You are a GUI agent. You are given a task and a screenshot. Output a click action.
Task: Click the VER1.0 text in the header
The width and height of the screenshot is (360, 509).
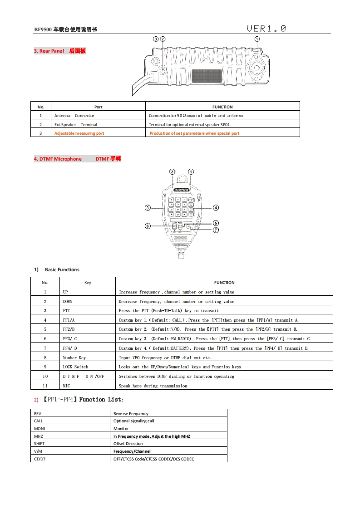click(266, 29)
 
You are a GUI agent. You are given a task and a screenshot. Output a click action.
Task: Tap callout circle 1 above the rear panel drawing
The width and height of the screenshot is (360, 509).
click(257, 39)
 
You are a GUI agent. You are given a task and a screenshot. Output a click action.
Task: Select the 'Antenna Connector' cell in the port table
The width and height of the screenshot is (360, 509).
click(74, 116)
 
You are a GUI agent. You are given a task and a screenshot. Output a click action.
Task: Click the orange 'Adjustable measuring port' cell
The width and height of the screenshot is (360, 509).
click(79, 133)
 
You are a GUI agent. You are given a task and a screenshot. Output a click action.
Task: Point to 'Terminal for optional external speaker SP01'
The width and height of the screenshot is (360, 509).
click(186, 124)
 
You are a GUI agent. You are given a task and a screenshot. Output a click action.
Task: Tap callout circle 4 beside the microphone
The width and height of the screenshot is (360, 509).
click(216, 207)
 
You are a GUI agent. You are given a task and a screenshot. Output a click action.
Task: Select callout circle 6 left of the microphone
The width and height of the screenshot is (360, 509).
click(148, 226)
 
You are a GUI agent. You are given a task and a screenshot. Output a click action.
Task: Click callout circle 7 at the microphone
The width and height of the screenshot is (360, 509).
click(216, 230)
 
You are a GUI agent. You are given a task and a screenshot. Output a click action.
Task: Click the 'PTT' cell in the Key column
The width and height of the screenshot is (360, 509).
click(67, 311)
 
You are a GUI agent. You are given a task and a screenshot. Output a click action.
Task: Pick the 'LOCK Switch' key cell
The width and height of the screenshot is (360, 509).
click(75, 367)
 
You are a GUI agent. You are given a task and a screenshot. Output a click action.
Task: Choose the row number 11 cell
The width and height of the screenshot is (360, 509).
click(45, 386)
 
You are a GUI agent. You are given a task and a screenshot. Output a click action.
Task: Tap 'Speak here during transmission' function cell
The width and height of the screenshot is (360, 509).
click(153, 386)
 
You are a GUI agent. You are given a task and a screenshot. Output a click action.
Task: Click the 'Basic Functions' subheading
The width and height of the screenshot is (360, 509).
click(62, 269)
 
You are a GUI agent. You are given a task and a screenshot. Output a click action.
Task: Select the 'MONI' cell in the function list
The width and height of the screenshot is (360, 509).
click(40, 428)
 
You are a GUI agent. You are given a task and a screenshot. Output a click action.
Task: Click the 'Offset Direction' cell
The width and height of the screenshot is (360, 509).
click(128, 444)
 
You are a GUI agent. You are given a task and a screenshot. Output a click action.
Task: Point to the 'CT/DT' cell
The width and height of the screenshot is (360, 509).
click(40, 459)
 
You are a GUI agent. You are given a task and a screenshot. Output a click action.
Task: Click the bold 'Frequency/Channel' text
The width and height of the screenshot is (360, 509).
click(132, 451)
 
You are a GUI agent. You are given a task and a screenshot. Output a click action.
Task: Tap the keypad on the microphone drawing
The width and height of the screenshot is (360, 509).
click(181, 207)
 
